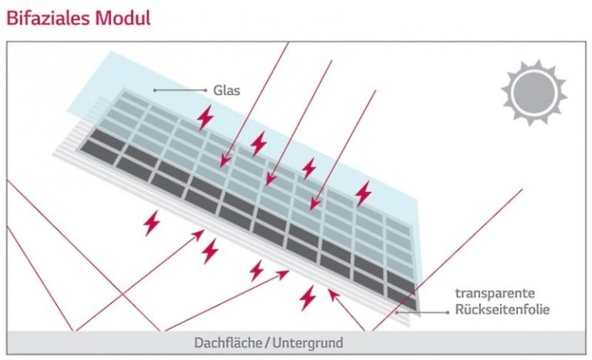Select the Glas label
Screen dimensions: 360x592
pos(229,90)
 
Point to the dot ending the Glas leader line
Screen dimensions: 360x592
pos(155,90)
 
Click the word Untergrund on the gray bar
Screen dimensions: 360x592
pos(308,342)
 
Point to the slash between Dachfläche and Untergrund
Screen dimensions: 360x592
pos(267,342)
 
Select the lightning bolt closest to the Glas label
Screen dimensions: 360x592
pos(205,117)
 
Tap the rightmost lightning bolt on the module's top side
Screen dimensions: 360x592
pos(362,193)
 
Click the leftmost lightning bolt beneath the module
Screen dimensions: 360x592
pos(151,223)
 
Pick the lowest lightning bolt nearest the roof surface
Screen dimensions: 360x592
pos(308,297)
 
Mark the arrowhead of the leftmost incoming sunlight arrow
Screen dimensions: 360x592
pos(222,166)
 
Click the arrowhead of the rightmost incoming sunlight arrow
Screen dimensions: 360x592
pos(312,207)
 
